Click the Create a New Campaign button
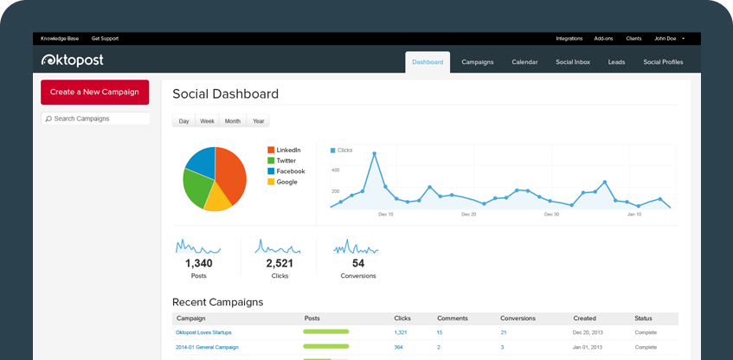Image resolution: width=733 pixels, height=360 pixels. click(94, 92)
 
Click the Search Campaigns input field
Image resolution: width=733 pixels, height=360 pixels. click(95, 119)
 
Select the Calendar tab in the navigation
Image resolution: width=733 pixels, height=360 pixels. click(524, 62)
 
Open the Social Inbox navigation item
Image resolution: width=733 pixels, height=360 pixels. click(572, 62)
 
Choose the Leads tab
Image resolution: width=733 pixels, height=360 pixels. click(616, 62)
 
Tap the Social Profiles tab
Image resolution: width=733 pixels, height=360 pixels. click(663, 62)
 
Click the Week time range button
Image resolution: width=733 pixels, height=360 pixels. click(207, 121)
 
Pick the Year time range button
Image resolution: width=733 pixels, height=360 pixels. click(258, 121)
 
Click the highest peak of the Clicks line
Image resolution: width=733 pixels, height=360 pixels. click(374, 153)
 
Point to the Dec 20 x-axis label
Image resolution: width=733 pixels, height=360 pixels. click(468, 214)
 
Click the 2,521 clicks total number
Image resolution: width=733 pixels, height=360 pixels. click(280, 263)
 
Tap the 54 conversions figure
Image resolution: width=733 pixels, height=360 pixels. click(358, 263)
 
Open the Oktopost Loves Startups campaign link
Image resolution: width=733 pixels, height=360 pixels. click(203, 332)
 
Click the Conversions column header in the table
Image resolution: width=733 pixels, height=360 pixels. click(518, 318)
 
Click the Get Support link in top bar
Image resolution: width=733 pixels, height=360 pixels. click(105, 38)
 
